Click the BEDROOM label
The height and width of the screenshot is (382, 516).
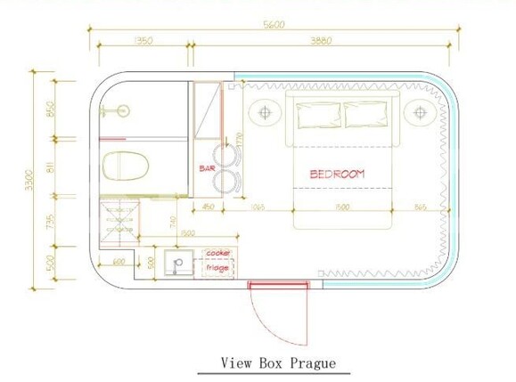point(337,174)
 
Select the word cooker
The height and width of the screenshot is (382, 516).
point(218,254)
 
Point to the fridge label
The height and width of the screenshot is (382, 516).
point(217,266)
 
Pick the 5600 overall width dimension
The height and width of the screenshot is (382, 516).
point(274,24)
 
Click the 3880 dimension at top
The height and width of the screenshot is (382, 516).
point(324,41)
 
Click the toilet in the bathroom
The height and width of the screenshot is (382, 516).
point(125,167)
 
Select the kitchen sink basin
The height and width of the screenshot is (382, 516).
point(178,264)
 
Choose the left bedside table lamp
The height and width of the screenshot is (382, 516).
point(265,113)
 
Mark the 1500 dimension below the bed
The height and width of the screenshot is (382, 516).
point(341,207)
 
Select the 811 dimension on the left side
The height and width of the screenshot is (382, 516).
point(51,167)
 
